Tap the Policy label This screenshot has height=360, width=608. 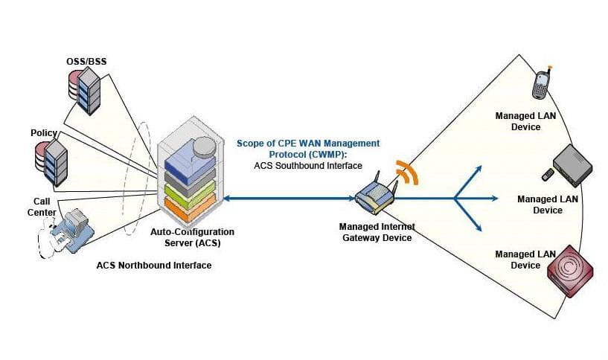[44, 132]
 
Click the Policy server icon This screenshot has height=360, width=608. [50, 159]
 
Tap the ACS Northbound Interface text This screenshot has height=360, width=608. [153, 266]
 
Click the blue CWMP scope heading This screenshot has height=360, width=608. [307, 147]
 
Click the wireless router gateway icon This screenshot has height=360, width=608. [374, 195]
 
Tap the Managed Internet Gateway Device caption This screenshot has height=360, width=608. [377, 232]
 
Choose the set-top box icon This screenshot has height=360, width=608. [573, 166]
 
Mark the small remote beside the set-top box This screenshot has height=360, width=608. [547, 175]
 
